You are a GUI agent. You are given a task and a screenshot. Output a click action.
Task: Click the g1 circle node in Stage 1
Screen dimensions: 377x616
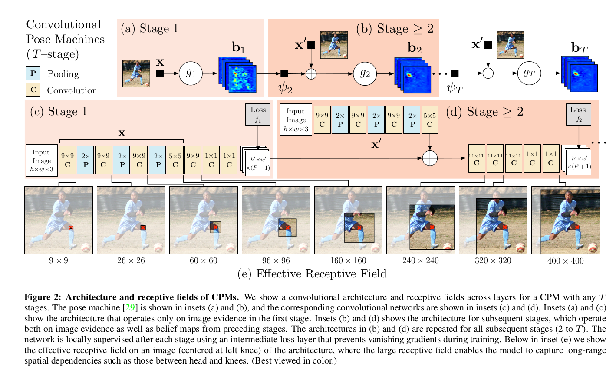point(191,73)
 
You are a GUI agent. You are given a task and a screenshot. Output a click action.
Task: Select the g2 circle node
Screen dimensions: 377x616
point(365,73)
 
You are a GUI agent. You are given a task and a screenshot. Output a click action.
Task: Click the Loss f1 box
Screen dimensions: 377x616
point(258,114)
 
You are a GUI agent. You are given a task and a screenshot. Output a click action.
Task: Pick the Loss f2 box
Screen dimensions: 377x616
point(578,114)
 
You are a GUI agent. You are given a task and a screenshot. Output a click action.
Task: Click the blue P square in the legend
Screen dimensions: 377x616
point(33,73)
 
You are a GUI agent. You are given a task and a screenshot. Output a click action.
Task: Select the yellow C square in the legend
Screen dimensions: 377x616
point(33,90)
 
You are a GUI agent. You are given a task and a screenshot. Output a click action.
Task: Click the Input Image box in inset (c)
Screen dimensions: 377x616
point(41,160)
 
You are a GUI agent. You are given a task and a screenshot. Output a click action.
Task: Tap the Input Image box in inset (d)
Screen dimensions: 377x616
point(296,120)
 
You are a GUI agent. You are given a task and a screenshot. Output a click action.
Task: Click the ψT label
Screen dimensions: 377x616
point(455,89)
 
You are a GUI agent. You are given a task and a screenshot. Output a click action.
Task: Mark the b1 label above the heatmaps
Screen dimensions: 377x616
point(238,47)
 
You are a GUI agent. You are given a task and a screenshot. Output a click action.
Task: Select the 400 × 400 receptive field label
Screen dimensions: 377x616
point(565,261)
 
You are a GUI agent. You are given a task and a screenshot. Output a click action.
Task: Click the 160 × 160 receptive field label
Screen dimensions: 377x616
point(348,260)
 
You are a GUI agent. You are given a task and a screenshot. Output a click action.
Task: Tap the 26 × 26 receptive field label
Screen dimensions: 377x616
point(131,260)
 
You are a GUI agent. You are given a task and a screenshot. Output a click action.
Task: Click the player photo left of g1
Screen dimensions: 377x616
point(136,73)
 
